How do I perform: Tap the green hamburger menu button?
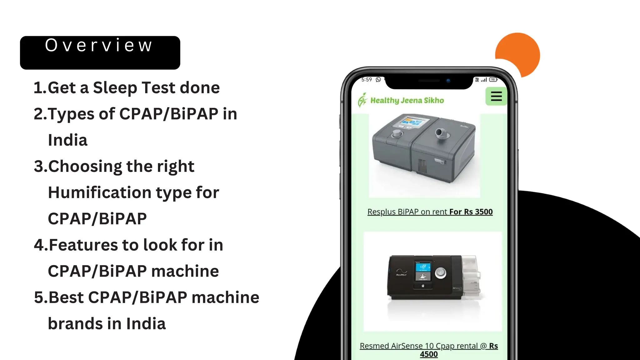[496, 96]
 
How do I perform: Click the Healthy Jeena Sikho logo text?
[407, 100]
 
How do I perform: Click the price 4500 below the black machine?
[429, 354]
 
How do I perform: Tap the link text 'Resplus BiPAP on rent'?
[408, 212]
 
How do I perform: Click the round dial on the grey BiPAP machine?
[397, 134]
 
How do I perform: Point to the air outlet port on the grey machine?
[442, 133]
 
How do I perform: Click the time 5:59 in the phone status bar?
[367, 80]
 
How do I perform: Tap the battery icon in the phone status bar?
[493, 80]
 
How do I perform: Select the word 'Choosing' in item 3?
[84, 167]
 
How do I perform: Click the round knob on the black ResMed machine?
[440, 272]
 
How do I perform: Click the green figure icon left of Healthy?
[362, 100]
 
